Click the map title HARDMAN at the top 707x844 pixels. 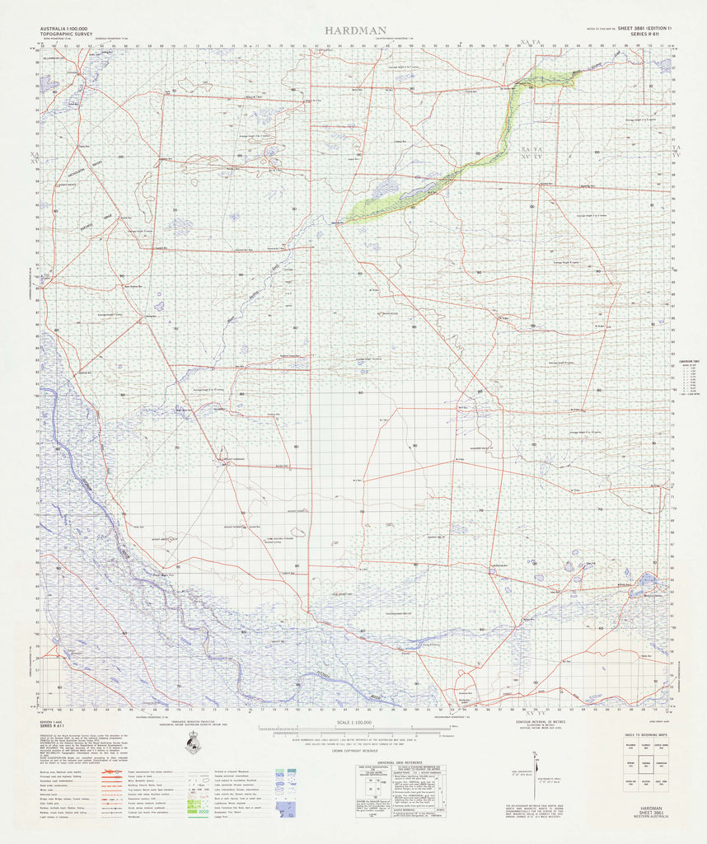(x=355, y=30)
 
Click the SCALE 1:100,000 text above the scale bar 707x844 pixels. (x=353, y=722)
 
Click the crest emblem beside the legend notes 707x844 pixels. (x=194, y=745)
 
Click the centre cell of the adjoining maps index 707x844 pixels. (x=648, y=764)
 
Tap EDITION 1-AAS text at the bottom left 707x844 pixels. (x=53, y=722)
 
